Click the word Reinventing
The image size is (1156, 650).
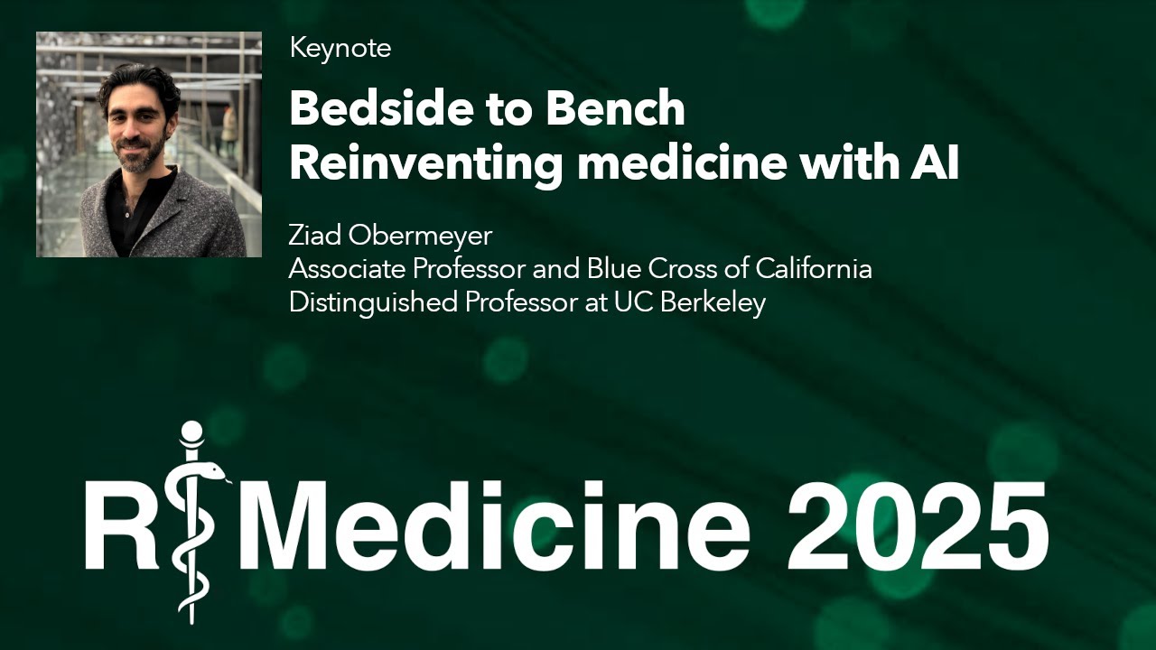coord(425,164)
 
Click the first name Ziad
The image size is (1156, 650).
coord(315,236)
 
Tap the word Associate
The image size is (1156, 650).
coord(347,269)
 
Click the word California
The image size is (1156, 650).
coord(814,269)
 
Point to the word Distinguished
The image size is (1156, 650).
coord(373,303)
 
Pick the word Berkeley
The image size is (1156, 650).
coord(713,303)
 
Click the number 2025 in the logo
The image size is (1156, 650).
coord(917,526)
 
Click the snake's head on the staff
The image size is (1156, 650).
coord(212,470)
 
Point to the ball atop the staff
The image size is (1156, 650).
coord(191,432)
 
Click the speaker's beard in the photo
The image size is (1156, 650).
coord(139,151)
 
